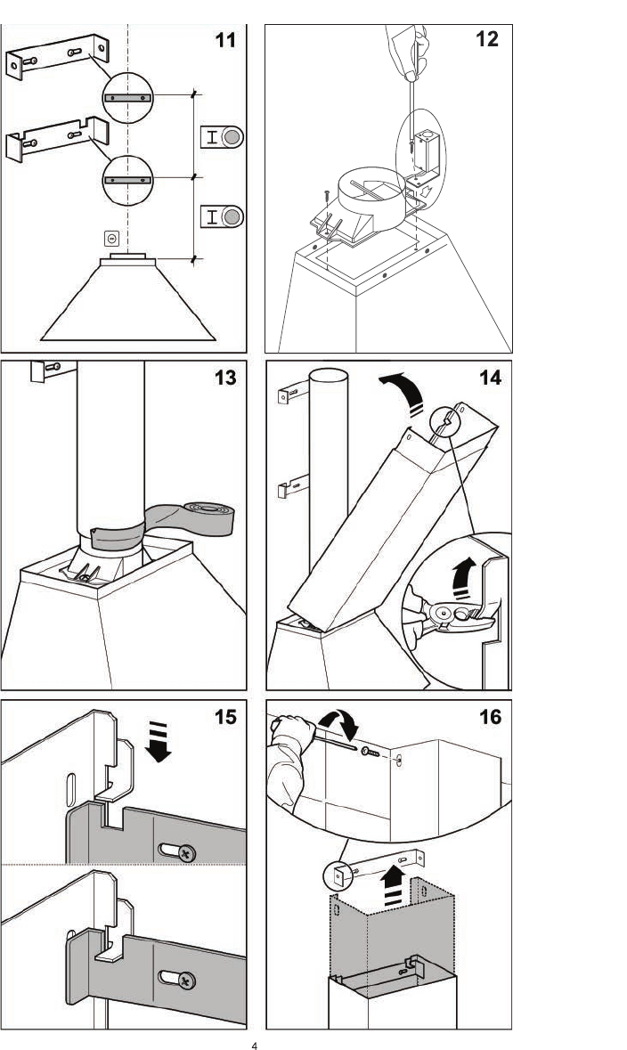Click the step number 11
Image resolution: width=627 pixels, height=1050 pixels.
[225, 40]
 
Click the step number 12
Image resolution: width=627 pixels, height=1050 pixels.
[487, 39]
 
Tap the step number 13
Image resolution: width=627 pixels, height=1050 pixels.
[225, 378]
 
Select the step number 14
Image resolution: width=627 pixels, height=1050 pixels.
[490, 378]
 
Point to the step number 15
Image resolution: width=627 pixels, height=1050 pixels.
[225, 717]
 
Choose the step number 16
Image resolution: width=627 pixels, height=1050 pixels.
[490, 717]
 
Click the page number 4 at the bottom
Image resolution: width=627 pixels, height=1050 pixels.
[255, 1045]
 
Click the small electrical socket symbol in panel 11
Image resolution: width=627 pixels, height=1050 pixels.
[112, 238]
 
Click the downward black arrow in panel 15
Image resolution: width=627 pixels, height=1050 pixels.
[158, 741]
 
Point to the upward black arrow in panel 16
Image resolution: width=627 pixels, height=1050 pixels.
[394, 886]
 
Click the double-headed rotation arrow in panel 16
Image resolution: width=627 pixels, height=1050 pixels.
[338, 723]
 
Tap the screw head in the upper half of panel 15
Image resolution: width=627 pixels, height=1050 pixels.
[186, 853]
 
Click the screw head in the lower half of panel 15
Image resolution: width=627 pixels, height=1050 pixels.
[186, 981]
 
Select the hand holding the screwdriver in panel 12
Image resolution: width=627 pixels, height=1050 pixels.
[407, 50]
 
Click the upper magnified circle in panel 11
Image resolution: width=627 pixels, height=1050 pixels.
[128, 98]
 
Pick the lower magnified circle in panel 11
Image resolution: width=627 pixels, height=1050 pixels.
[128, 180]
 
